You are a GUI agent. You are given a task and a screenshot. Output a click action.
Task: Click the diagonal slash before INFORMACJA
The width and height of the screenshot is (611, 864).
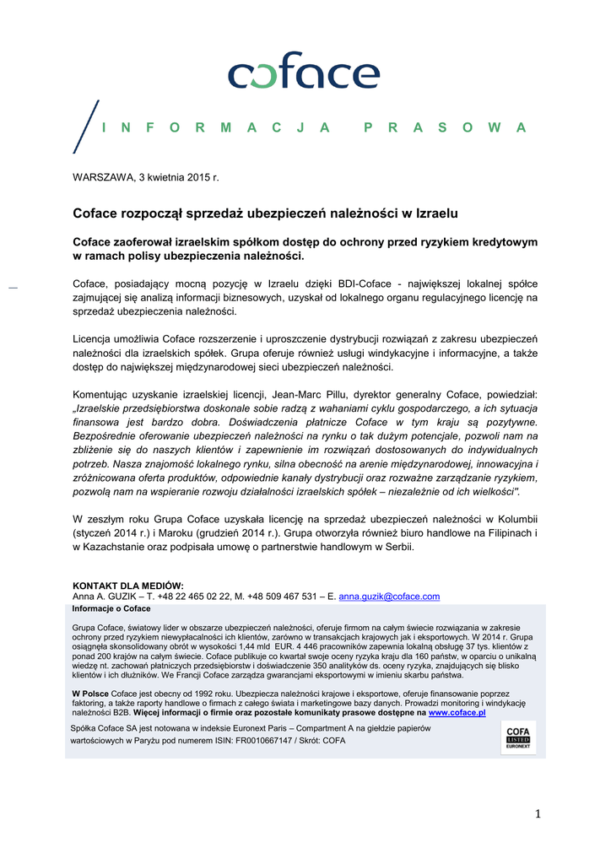coord(86,127)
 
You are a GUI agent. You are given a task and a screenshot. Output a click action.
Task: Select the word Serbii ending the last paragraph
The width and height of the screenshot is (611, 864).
coord(398,548)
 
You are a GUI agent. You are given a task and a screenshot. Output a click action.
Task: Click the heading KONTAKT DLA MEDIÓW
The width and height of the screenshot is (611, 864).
coord(128,586)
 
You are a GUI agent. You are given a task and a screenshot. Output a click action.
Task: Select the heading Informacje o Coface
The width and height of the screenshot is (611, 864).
coord(111,608)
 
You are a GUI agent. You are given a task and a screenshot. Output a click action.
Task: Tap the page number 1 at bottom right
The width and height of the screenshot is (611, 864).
coord(536,813)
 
